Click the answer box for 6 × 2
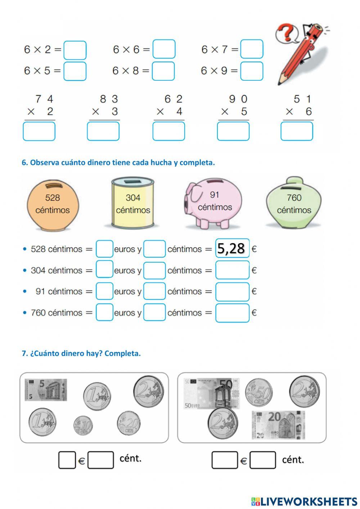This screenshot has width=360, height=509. pos(75,50)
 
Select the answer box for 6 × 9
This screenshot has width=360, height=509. pos(252,71)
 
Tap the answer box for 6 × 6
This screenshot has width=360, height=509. pos(164,49)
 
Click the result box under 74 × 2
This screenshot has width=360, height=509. pos(39,131)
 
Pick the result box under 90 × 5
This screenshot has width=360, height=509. pos(233,131)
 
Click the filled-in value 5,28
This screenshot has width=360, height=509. pos(232,249)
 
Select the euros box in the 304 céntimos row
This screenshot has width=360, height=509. pos(104,270)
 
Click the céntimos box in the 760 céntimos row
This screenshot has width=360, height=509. pos(154,312)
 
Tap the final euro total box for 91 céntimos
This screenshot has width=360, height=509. pos(232,291)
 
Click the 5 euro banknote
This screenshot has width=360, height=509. pos(46,390)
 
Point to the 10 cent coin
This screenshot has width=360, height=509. pos(83,425)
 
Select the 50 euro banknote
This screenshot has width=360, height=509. pos(211,393)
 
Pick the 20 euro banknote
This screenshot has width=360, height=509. pos(278,425)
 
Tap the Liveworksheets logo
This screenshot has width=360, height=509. pos(304,501)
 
